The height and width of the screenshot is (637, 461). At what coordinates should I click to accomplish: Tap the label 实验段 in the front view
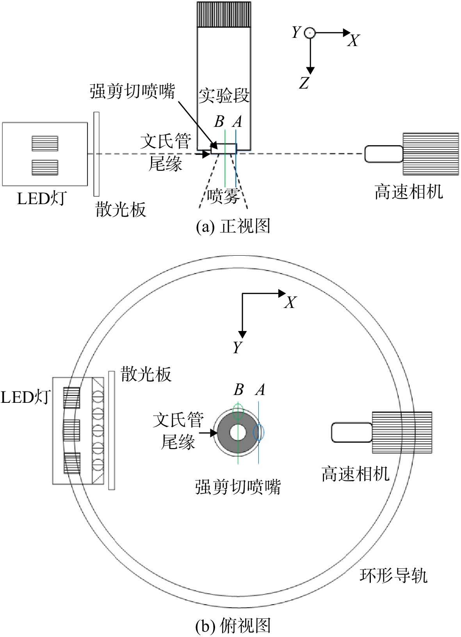pos(224,96)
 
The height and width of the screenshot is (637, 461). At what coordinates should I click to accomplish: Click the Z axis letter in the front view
pos(304,83)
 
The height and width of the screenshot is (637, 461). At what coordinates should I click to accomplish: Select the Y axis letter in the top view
pos(237,347)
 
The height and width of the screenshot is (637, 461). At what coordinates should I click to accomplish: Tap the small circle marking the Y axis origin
pos(310,33)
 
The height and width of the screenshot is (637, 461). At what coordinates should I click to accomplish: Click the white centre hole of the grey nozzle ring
pos(238,432)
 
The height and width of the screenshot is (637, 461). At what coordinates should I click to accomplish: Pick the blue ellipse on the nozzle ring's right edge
pos(258,433)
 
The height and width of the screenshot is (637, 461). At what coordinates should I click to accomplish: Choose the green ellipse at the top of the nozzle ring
pos(238,411)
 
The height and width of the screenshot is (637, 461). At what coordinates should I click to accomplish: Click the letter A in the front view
pos(237,121)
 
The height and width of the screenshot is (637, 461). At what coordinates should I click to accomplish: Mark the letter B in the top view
pos(239,390)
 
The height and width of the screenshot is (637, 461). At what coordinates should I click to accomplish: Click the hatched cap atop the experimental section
pos(224,14)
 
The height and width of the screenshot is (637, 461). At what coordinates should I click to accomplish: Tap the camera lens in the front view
pos(384,154)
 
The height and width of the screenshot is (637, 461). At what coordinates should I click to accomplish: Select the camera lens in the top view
pos(352,432)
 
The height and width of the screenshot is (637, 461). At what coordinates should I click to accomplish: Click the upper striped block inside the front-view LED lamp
pos(45,143)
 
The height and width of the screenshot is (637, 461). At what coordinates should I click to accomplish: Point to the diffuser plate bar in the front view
pos(96,154)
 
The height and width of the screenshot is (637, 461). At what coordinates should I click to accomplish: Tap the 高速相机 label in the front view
pos(408,192)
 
